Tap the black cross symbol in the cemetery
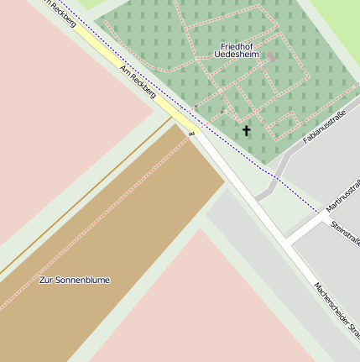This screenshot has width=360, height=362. pos(246,130)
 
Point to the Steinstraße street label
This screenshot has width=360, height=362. pos(346,233)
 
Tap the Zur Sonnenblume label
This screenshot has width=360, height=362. pos(75,280)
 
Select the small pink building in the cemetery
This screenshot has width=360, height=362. pos(270,57)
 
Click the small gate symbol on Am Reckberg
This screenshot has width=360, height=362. pos(192,133)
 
